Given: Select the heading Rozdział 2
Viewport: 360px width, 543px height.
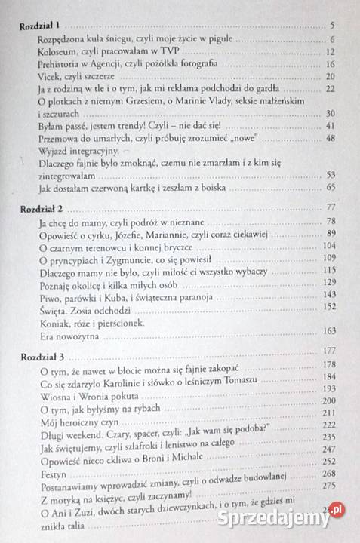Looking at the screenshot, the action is click(38, 207).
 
